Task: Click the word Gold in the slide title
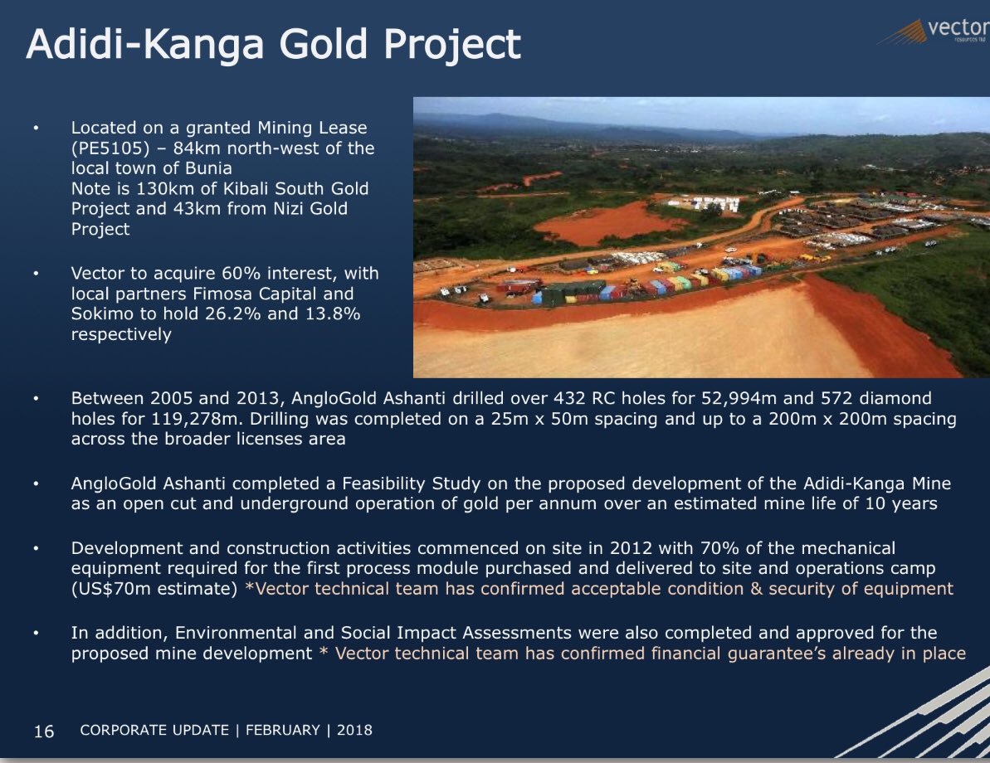323,44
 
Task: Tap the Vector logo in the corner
934,31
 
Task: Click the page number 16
43,731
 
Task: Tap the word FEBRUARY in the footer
283,730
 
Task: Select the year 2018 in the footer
355,730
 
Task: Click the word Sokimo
100,313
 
